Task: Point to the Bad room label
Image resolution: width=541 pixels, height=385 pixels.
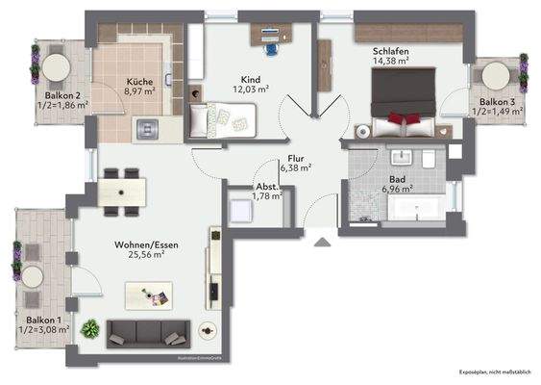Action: coord(398,179)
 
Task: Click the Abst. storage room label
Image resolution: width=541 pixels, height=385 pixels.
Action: coord(266,187)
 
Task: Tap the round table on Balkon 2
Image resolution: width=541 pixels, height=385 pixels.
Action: coord(54,65)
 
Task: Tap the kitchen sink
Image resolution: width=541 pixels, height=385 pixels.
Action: coord(148,126)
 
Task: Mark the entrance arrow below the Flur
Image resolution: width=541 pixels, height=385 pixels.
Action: coord(320,241)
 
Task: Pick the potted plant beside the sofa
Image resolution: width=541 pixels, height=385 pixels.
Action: coord(90,328)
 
